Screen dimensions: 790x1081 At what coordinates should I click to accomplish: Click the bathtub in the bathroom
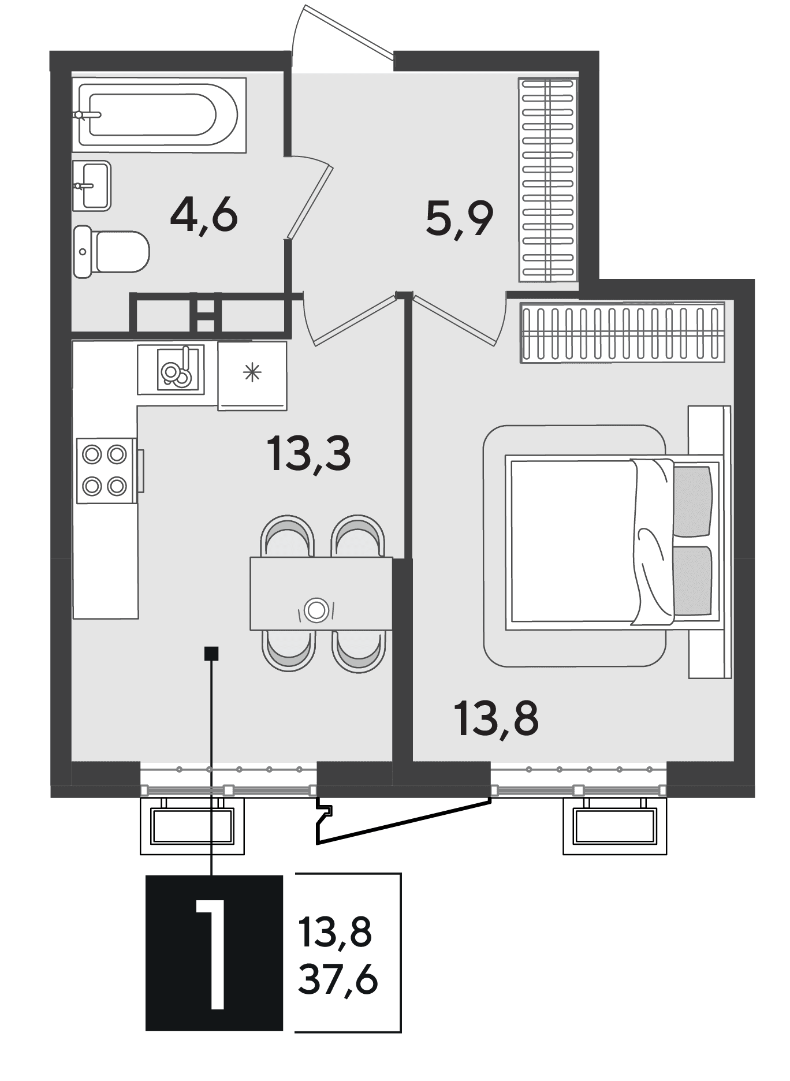(x=159, y=115)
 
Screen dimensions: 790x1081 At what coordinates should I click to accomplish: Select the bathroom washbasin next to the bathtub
(x=92, y=185)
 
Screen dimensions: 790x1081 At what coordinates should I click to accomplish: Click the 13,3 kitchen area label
(x=308, y=454)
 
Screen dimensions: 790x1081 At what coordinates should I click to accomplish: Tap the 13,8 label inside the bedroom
(x=497, y=718)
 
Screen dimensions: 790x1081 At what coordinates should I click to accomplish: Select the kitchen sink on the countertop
(x=171, y=370)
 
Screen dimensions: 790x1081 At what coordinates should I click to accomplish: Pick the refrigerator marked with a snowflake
(x=252, y=376)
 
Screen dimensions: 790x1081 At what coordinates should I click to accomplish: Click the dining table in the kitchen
(x=321, y=594)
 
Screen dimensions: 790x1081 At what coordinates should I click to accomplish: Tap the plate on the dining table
(x=316, y=610)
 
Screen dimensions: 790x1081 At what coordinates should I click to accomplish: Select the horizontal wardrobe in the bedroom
(x=623, y=333)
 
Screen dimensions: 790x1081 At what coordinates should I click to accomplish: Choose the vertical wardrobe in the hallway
(x=548, y=180)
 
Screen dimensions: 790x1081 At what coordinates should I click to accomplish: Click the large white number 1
(x=211, y=953)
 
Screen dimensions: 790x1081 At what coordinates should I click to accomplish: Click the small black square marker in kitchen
(x=212, y=653)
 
